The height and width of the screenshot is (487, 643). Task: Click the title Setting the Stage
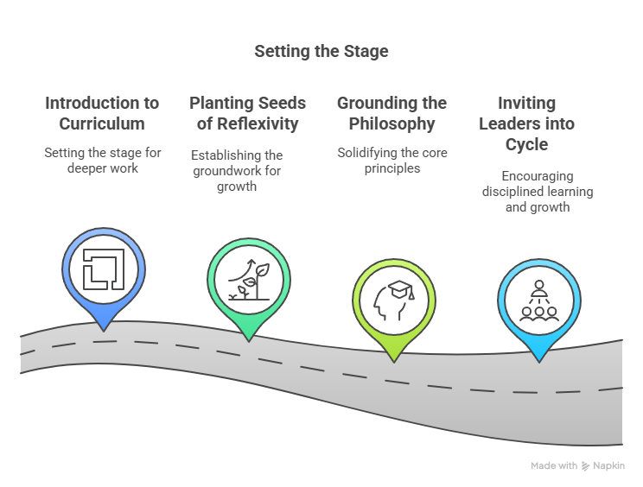321,52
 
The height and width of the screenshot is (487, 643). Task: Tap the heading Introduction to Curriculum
102,113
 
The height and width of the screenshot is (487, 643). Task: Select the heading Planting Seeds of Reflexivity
248,113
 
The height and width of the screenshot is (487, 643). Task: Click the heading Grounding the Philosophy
392,113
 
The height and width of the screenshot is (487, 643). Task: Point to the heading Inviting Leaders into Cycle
526,123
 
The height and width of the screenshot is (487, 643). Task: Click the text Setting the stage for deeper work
103,161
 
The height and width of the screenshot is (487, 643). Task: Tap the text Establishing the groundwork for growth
237,171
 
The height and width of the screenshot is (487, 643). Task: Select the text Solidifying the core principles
392,161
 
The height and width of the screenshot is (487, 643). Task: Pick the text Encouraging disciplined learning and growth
538,192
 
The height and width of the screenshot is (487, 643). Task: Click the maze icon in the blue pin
104,269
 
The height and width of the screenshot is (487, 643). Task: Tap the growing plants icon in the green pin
249,280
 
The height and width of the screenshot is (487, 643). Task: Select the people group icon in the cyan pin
539,300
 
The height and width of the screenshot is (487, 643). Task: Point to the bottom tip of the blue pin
104,331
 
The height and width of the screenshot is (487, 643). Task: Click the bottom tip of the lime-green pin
394,362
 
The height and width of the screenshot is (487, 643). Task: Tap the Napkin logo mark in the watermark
586,466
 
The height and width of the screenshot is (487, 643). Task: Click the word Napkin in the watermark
609,466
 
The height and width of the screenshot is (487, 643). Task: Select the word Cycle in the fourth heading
526,145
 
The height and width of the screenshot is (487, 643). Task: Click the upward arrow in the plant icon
242,270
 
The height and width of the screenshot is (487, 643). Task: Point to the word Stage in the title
366,52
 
